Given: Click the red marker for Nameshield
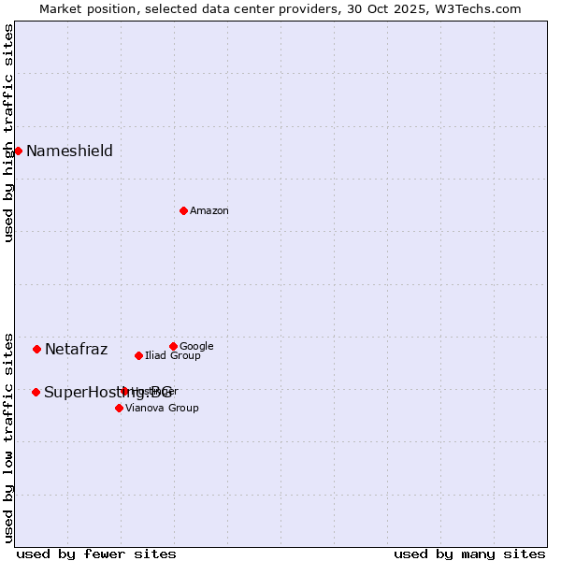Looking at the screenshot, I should (18, 151).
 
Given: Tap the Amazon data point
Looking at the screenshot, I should (183, 210).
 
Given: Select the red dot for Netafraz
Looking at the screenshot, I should (36, 349).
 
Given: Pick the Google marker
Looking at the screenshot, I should (173, 346).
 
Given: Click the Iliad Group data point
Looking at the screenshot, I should (138, 355).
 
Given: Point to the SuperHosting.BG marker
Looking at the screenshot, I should (36, 392).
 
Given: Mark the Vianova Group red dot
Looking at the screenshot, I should (119, 408).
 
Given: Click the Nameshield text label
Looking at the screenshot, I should (69, 151).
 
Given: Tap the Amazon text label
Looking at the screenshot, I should (209, 211).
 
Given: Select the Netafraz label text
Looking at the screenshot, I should (76, 350).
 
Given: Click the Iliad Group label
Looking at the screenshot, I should (173, 356).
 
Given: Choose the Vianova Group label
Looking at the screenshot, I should (162, 409).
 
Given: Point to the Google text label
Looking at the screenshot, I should (196, 347).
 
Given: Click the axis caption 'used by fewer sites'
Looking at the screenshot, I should (96, 554).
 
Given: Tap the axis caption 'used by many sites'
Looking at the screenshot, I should (469, 554).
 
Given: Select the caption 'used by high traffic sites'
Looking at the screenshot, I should (9, 133).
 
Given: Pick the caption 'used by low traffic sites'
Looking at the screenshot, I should (9, 438).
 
